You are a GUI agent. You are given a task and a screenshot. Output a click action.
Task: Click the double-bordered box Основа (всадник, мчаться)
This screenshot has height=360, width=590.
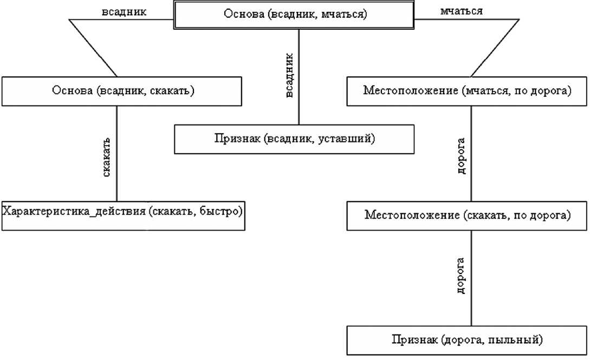tap(295, 15)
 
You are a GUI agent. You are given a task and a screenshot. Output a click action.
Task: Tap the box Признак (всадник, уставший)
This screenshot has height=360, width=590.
tap(294, 139)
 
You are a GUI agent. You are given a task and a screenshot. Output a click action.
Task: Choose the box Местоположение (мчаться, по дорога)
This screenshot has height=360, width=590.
tap(467, 91)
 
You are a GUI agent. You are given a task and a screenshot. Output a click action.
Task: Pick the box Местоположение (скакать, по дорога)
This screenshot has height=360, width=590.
tap(467, 215)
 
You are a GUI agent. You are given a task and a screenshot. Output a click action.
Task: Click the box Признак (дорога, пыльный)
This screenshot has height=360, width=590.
tap(467, 340)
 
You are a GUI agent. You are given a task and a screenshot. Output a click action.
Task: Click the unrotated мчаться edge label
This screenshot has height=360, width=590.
tap(462, 11)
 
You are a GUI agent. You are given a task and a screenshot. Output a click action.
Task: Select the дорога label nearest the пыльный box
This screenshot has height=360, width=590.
tap(462, 279)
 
